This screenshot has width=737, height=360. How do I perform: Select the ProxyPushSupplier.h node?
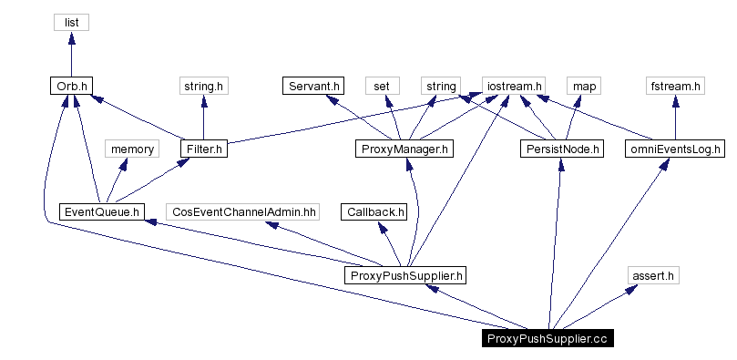(x=407, y=274)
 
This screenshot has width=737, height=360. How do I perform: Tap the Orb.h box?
(x=71, y=86)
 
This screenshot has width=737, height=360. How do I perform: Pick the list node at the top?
(x=71, y=22)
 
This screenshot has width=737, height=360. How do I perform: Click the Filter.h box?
(x=202, y=149)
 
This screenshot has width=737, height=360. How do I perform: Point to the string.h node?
(x=202, y=86)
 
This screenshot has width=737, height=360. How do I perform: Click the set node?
(x=383, y=86)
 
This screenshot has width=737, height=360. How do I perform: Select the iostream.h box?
(x=513, y=86)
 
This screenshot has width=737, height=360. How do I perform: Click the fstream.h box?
(x=675, y=86)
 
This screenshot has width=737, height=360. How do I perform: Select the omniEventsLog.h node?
(x=675, y=149)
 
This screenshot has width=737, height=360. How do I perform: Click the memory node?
(x=132, y=149)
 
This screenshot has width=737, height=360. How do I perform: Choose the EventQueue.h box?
(x=101, y=211)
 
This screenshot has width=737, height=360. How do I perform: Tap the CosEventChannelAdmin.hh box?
(x=244, y=211)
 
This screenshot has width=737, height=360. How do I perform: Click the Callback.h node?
(x=374, y=211)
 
